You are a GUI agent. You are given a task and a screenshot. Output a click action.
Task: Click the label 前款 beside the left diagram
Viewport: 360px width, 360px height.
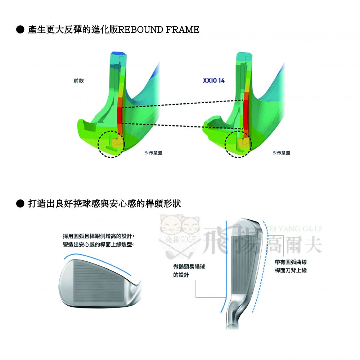pyautogui.click(x=78, y=81)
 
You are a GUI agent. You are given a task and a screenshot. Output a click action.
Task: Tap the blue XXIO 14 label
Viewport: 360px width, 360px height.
pyautogui.click(x=214, y=81)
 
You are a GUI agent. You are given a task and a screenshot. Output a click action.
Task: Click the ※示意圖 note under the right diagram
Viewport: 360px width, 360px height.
pyautogui.click(x=282, y=153)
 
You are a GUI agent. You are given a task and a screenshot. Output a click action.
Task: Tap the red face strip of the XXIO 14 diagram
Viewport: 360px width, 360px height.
pyautogui.click(x=246, y=112)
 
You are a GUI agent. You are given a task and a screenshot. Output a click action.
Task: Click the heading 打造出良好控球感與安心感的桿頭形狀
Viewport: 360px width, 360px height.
pyautogui.click(x=105, y=204)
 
